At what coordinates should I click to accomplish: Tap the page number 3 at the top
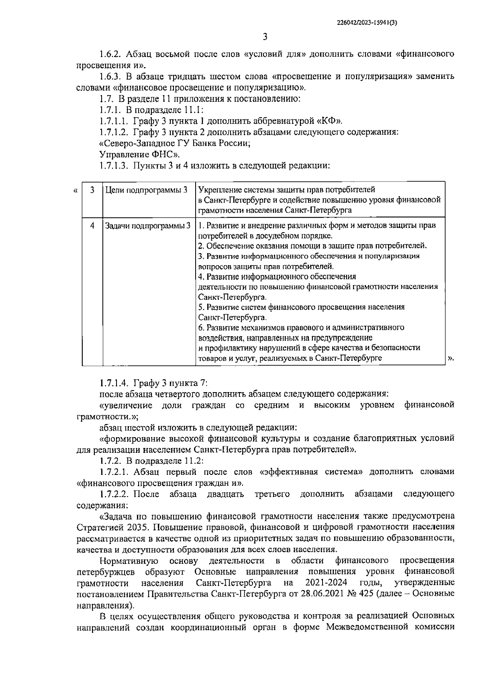point(265,37)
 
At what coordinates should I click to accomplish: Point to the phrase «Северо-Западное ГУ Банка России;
point(174,143)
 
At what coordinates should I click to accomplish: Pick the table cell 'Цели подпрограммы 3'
point(146,190)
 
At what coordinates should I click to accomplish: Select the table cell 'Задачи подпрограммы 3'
point(147,226)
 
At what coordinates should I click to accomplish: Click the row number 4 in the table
point(92,226)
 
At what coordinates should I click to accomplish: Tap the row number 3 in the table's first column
point(92,190)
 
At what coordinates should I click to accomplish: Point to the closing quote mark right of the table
point(451,358)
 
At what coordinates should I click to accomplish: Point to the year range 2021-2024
point(326,583)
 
